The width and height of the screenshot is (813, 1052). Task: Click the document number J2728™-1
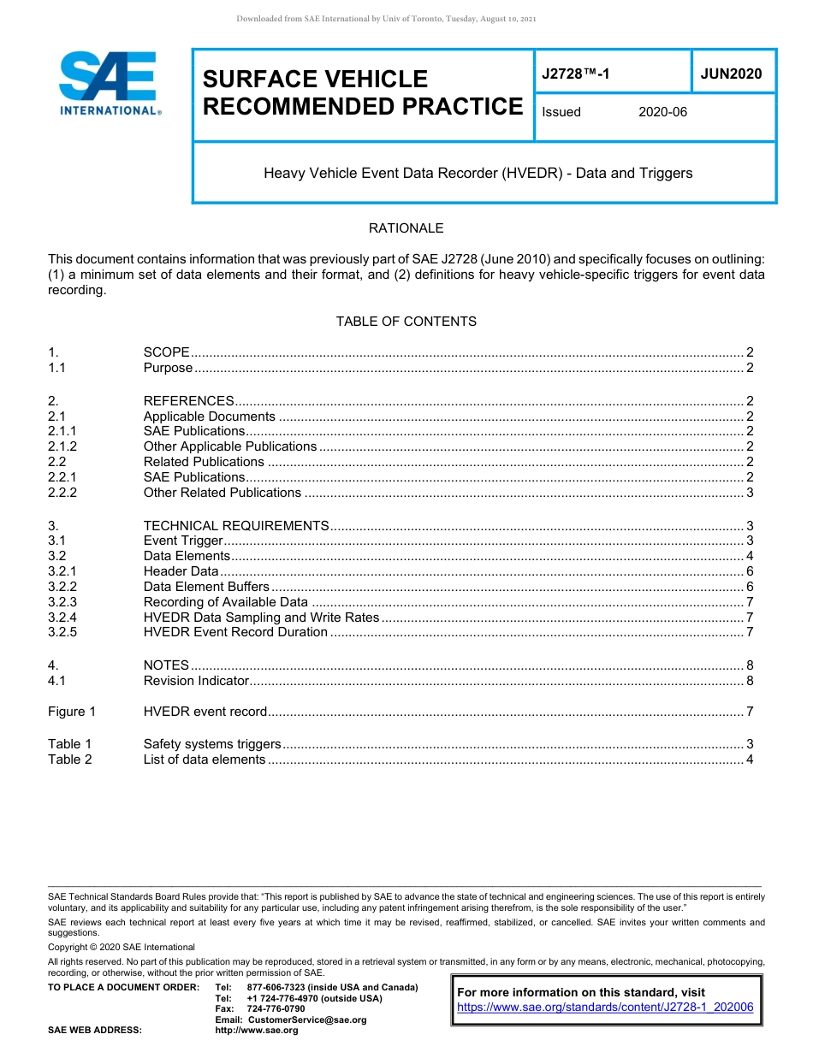[576, 74]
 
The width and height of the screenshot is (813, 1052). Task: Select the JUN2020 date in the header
[731, 74]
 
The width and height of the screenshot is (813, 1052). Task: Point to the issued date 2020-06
[662, 112]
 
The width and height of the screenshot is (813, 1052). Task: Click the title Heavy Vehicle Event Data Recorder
[478, 173]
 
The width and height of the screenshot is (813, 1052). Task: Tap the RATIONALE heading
[406, 228]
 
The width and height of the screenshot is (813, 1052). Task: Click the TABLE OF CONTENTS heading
[406, 322]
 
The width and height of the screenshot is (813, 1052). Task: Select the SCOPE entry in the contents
[166, 352]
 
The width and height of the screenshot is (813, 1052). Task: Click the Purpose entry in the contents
[168, 368]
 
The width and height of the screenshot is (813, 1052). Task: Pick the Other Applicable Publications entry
[230, 446]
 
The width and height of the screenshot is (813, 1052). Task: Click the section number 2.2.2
[62, 493]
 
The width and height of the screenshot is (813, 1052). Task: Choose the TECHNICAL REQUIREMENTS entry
[236, 526]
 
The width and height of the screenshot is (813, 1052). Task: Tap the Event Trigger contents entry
[183, 541]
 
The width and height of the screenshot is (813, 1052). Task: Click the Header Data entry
[181, 571]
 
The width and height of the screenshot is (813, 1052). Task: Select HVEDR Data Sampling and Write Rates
[261, 618]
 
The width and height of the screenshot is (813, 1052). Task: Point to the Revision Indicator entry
[196, 681]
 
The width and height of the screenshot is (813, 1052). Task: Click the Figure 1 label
[72, 712]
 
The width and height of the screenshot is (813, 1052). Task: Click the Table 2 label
[70, 759]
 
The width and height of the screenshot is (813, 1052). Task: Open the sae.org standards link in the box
[605, 1008]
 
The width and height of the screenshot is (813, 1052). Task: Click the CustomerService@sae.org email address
[306, 1019]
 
